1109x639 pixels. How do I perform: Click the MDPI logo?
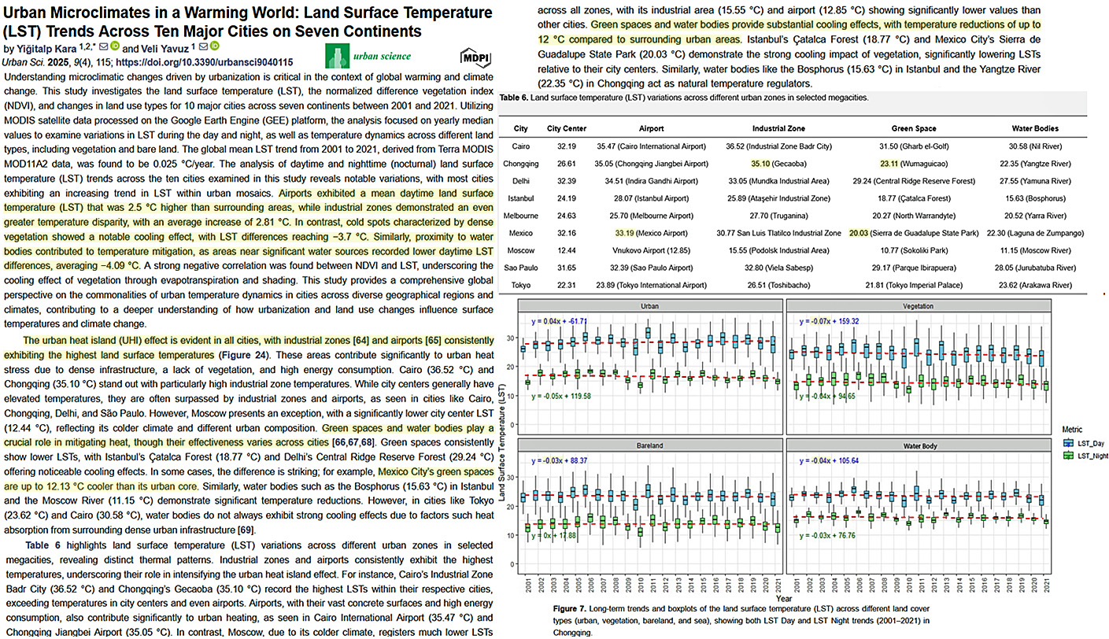(x=474, y=57)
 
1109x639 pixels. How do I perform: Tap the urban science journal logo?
(x=369, y=56)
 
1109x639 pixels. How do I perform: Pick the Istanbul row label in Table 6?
(x=520, y=198)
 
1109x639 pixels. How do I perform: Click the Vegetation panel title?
(x=919, y=305)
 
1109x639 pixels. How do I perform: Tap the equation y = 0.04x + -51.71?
(x=560, y=321)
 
